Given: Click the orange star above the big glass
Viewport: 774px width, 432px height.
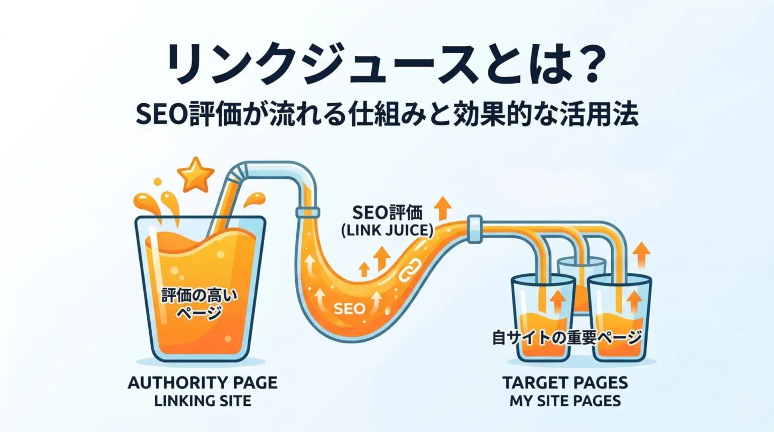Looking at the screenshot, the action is (x=195, y=175).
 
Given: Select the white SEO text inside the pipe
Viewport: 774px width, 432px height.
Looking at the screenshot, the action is (x=350, y=308).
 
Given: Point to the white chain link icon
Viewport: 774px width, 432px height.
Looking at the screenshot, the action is (x=410, y=270).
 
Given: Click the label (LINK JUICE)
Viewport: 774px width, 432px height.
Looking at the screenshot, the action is (x=387, y=230).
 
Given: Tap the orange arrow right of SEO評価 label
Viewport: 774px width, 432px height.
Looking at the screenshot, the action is (x=443, y=208).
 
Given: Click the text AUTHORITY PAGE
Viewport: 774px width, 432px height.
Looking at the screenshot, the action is (x=203, y=383).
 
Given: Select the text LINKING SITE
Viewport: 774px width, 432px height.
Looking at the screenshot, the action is (x=203, y=401).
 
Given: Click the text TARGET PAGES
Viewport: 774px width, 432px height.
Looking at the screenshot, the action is (x=565, y=383).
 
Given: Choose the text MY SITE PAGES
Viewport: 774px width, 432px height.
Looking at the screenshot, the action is (x=565, y=401).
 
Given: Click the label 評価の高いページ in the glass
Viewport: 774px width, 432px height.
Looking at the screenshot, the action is (x=200, y=304).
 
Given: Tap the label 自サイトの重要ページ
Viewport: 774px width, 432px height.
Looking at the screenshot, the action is (x=567, y=337).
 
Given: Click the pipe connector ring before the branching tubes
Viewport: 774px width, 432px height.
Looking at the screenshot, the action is (x=475, y=229).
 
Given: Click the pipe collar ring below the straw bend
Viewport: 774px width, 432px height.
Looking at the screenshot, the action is (x=307, y=211).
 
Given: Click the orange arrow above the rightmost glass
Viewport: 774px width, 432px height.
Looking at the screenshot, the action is (x=642, y=255).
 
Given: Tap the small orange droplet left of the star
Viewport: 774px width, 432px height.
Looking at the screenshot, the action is (x=158, y=182).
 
